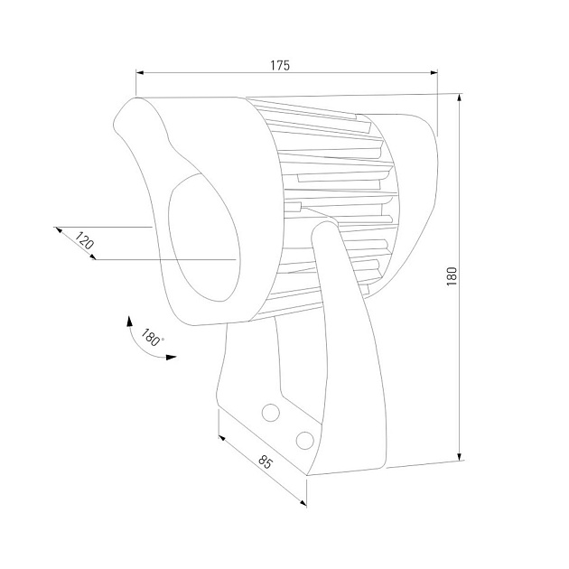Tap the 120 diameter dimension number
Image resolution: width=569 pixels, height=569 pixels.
click(83, 241)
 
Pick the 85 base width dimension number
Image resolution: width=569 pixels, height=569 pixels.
click(265, 463)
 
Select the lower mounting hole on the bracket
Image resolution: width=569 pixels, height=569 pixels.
click(304, 440)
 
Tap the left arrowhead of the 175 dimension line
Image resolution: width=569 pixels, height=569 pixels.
click(140, 74)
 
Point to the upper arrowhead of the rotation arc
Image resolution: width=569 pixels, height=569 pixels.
click(129, 321)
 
